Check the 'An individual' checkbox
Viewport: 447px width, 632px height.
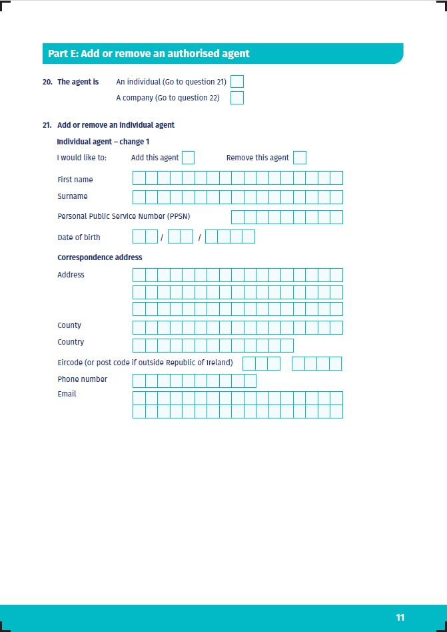click(237, 82)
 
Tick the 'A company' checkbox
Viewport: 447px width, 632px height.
click(237, 98)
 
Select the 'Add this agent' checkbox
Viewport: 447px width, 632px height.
click(188, 158)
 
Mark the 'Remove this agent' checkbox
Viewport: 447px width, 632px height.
click(300, 158)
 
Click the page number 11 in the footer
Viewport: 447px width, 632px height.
click(400, 618)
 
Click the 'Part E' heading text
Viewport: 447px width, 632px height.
click(149, 53)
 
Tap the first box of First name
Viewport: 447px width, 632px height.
click(139, 178)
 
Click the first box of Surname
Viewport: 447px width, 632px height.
click(139, 197)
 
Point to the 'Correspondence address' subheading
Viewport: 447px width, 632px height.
click(99, 257)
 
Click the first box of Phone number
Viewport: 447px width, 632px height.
click(139, 381)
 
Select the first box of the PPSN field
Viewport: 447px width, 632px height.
click(237, 217)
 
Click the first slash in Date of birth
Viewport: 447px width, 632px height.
click(162, 237)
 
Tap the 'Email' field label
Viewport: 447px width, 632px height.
click(67, 394)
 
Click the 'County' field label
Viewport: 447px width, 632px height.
click(69, 325)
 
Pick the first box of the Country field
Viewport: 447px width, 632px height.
click(139, 345)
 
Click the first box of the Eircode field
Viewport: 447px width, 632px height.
click(248, 363)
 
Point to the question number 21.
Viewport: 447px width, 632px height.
click(47, 125)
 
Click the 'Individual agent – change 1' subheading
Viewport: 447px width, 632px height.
click(103, 142)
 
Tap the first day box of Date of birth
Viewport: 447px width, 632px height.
click(139, 236)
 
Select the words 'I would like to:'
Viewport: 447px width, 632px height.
click(82, 158)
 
